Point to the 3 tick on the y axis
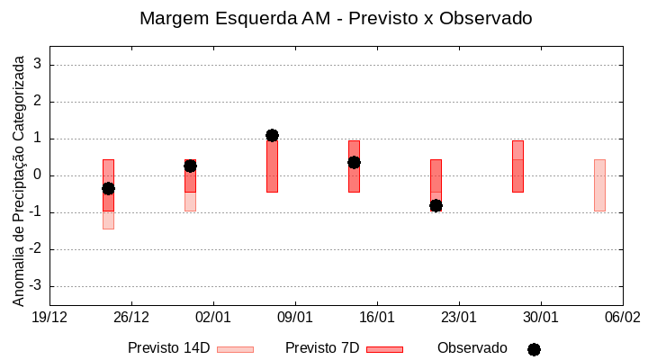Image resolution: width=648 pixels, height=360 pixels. (39, 65)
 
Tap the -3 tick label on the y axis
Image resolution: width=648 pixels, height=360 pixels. (35, 286)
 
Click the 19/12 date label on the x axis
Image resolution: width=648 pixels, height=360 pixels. (49, 318)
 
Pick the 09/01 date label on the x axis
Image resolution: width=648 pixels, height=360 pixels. (294, 318)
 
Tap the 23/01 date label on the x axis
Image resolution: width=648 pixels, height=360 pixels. (458, 318)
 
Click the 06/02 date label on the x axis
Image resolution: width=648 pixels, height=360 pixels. (622, 318)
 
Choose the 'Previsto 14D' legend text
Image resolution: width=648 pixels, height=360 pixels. (168, 348)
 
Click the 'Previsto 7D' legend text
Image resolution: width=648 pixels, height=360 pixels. (322, 348)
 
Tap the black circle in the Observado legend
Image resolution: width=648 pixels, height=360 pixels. (534, 349)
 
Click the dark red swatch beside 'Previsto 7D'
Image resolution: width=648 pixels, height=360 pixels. (384, 349)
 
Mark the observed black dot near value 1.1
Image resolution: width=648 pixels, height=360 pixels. (272, 135)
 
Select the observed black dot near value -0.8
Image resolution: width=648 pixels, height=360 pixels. (436, 205)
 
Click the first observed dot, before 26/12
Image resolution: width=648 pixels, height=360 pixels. (108, 188)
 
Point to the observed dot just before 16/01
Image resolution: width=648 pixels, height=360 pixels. (354, 162)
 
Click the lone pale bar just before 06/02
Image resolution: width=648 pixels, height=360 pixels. (599, 184)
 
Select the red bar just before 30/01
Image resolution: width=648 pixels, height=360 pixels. (517, 166)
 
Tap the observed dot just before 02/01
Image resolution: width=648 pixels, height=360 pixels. (190, 166)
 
